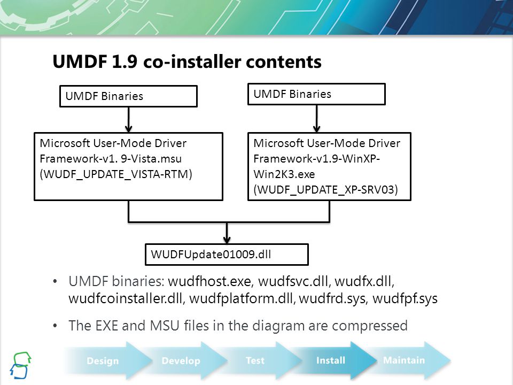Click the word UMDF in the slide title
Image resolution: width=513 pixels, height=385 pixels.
pyautogui.click(x=80, y=61)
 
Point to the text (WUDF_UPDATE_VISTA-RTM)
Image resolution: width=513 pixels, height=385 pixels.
pyautogui.click(x=116, y=174)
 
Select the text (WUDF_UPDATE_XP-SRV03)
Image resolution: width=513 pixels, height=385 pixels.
pyautogui.click(x=325, y=190)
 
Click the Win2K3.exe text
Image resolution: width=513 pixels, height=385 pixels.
pyautogui.click(x=284, y=174)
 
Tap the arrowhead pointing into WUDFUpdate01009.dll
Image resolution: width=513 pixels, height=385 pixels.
pyautogui.click(x=227, y=240)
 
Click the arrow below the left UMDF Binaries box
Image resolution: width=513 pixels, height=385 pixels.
pyautogui.click(x=129, y=120)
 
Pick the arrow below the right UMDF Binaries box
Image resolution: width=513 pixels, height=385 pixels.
pyautogui.click(x=317, y=119)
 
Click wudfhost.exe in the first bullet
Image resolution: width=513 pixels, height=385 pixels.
pyautogui.click(x=209, y=282)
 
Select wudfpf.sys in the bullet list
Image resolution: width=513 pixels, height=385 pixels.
pyautogui.click(x=405, y=299)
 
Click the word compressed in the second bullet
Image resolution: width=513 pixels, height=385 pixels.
pyautogui.click(x=370, y=326)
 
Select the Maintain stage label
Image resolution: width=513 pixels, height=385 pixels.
pyautogui.click(x=404, y=360)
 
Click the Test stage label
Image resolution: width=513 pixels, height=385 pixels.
pyautogui.click(x=255, y=360)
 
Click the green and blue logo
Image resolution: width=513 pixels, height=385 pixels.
pyautogui.click(x=21, y=365)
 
